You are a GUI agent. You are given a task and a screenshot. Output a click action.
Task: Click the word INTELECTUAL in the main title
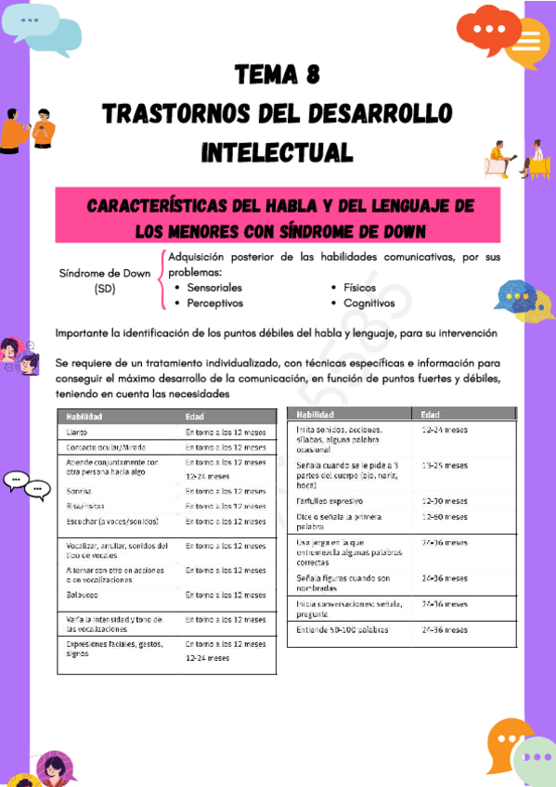click(278, 151)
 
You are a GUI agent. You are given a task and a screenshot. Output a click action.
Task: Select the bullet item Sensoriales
click(214, 288)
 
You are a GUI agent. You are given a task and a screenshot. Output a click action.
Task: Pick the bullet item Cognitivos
click(369, 303)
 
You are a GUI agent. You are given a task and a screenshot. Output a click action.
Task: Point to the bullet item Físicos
click(359, 288)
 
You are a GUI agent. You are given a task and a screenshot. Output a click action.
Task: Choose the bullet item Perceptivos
click(214, 303)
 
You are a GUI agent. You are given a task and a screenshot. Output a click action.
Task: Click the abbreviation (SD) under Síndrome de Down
click(104, 289)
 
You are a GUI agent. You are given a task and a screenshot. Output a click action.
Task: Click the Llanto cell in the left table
click(79, 432)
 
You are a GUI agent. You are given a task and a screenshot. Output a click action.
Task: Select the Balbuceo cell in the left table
click(84, 595)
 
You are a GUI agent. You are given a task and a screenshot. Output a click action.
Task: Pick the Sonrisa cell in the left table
click(80, 491)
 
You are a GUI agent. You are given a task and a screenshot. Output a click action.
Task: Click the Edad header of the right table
click(431, 415)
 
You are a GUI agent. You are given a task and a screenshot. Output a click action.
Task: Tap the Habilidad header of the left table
click(84, 417)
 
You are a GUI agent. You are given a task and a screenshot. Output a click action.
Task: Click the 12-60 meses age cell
click(444, 516)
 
